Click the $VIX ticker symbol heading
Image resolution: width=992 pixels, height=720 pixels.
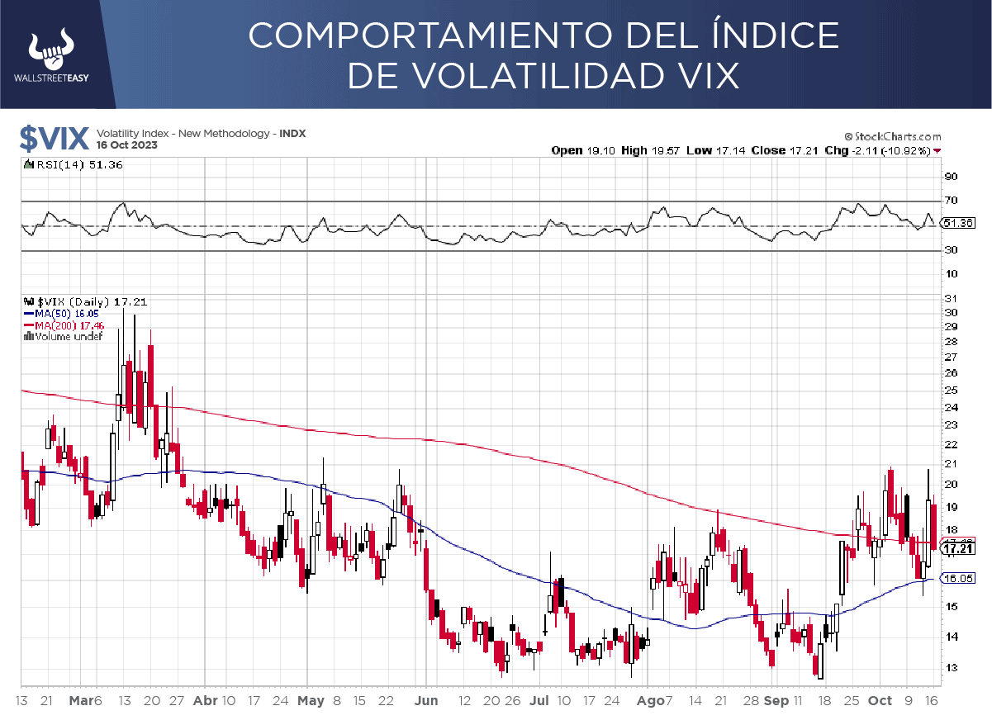pyautogui.click(x=54, y=138)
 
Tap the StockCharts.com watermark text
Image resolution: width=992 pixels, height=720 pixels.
pyautogui.click(x=892, y=136)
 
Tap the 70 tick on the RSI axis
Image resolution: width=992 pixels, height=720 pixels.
pyautogui.click(x=951, y=201)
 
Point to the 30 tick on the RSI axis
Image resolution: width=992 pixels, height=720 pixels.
pyautogui.click(x=951, y=250)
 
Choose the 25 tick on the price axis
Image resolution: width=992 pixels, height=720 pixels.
pyautogui.click(x=950, y=390)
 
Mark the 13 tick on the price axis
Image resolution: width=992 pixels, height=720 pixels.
pyautogui.click(x=950, y=667)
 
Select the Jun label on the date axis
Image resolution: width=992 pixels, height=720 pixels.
pyautogui.click(x=427, y=700)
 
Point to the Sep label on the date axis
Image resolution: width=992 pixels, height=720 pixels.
pyautogui.click(x=776, y=700)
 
